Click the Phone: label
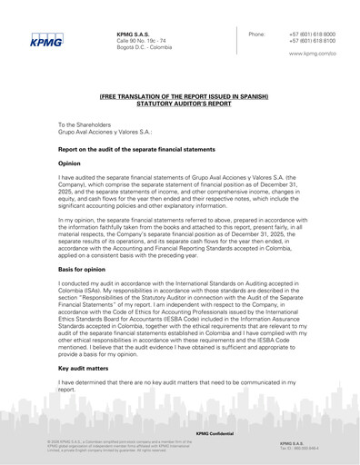[257, 34]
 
